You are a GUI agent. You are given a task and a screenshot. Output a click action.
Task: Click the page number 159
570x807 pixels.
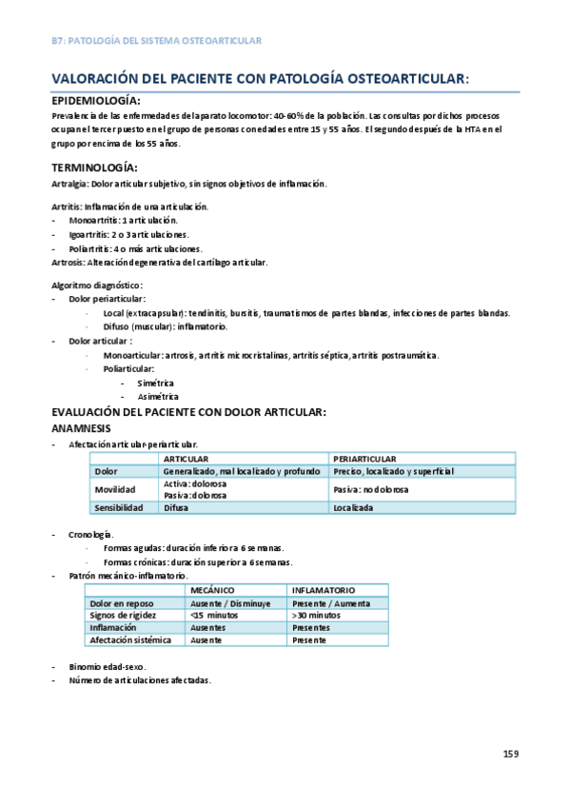(511, 754)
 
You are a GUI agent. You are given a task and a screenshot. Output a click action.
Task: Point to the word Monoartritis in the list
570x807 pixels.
(94, 220)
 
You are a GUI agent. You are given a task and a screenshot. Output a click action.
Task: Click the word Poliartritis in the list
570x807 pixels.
(92, 248)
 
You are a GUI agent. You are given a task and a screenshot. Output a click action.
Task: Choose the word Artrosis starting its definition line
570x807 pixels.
(67, 262)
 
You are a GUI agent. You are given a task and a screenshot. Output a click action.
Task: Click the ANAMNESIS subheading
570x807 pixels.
(81, 427)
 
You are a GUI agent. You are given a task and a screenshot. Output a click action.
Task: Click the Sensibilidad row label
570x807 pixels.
(118, 508)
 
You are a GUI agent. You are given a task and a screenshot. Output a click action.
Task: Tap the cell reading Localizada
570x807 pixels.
(353, 508)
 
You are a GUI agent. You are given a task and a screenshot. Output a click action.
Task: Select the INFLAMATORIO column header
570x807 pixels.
(324, 590)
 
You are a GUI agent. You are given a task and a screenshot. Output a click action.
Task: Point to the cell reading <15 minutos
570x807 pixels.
(215, 615)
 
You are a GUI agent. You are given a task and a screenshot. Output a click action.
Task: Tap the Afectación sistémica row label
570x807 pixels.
(130, 640)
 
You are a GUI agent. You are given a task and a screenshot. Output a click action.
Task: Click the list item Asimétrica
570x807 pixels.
(158, 397)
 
